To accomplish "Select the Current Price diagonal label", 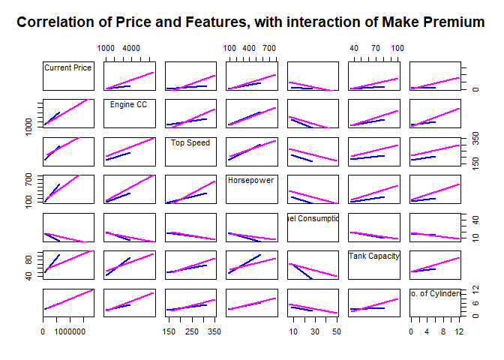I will (x=68, y=67).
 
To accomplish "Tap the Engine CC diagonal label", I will (x=128, y=104).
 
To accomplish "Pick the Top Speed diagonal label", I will (x=190, y=142).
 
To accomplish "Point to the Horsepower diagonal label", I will (x=251, y=180).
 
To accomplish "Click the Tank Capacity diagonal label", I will (x=373, y=256).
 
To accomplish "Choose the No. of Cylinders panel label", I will (x=435, y=293).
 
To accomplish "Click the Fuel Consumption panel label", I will (x=313, y=218).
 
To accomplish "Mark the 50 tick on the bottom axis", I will (x=337, y=330).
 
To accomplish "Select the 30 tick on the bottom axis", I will (x=315, y=330).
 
